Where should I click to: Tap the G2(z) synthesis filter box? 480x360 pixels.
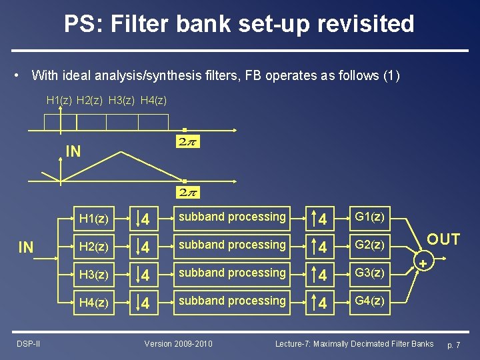(x=369, y=246)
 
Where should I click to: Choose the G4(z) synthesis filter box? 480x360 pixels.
(x=369, y=301)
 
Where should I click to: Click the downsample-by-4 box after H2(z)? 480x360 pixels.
(x=145, y=246)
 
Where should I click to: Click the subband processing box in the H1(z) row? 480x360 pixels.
(x=231, y=217)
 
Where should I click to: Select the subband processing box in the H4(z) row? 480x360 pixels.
(x=231, y=301)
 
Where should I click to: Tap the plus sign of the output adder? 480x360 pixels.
(x=423, y=264)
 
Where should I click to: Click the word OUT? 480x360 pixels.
(x=443, y=239)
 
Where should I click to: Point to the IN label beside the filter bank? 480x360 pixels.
(x=26, y=248)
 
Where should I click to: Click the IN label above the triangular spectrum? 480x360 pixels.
(x=73, y=151)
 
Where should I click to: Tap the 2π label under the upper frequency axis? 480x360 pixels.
(x=189, y=141)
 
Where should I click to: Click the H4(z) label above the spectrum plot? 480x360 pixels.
(x=154, y=100)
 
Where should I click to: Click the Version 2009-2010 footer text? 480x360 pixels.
(x=179, y=343)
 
